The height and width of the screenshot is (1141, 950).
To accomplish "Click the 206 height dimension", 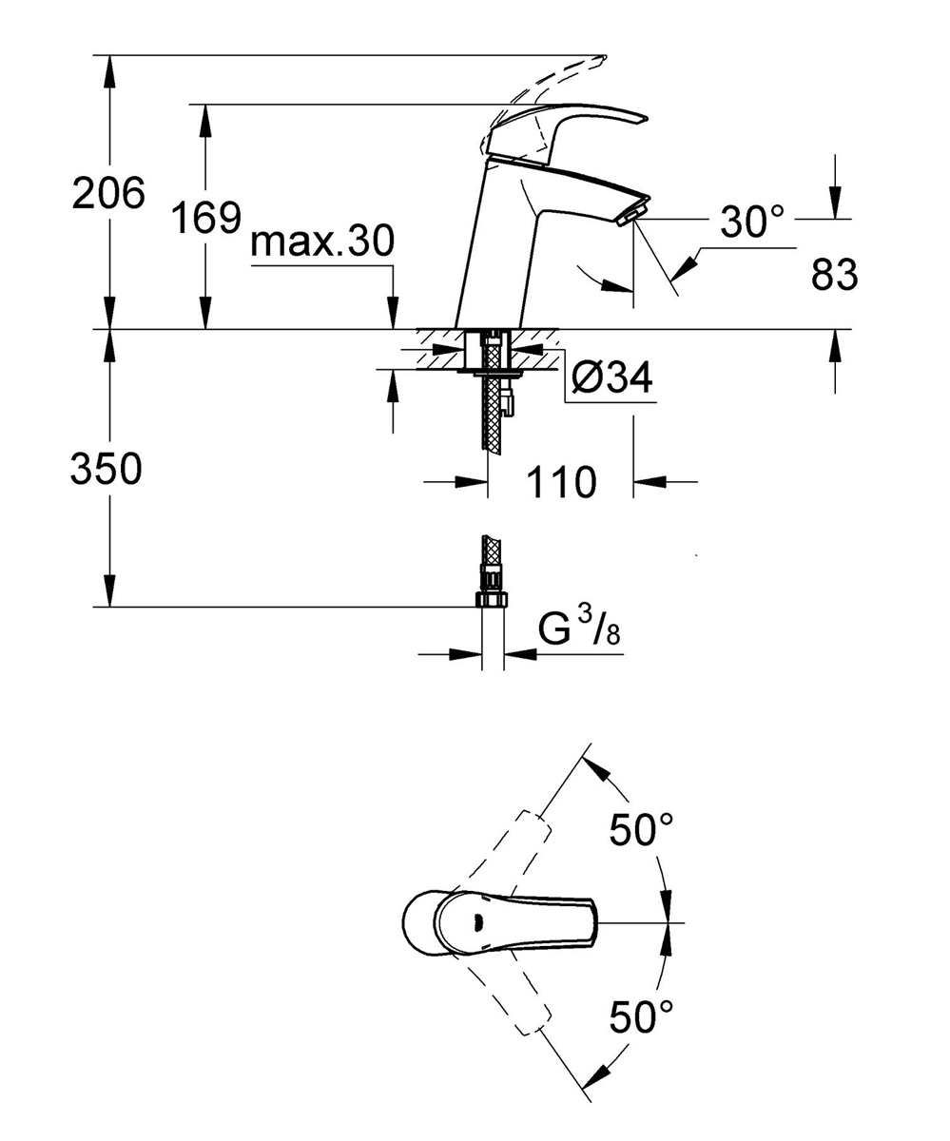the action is pyautogui.click(x=108, y=192).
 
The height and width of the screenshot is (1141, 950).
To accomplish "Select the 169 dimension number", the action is pyautogui.click(x=206, y=217).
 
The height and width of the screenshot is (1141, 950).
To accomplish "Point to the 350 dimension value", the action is pyautogui.click(x=107, y=469).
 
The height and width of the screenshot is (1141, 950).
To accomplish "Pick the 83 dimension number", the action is pyautogui.click(x=834, y=275).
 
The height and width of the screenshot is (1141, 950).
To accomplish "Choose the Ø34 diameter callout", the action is pyautogui.click(x=611, y=377).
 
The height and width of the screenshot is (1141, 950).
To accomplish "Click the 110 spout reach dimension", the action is pyautogui.click(x=561, y=482).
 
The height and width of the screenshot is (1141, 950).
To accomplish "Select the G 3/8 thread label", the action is pyautogui.click(x=579, y=630).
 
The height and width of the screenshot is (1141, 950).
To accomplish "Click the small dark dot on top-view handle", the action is pyautogui.click(x=479, y=922).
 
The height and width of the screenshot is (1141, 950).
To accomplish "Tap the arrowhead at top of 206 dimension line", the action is pyautogui.click(x=110, y=71).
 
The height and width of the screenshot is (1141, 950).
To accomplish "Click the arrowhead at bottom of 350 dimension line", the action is pyautogui.click(x=110, y=590).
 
